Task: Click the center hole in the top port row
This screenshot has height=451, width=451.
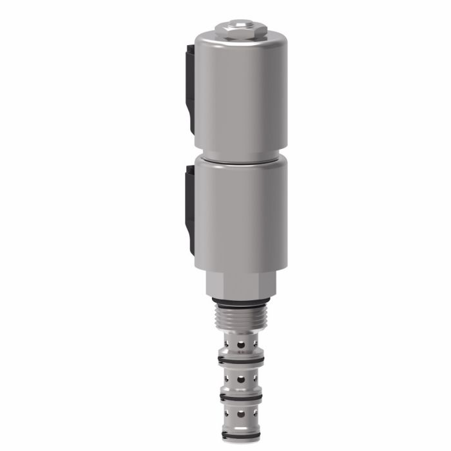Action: (241, 344)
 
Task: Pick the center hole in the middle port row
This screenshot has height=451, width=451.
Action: (241, 379)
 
